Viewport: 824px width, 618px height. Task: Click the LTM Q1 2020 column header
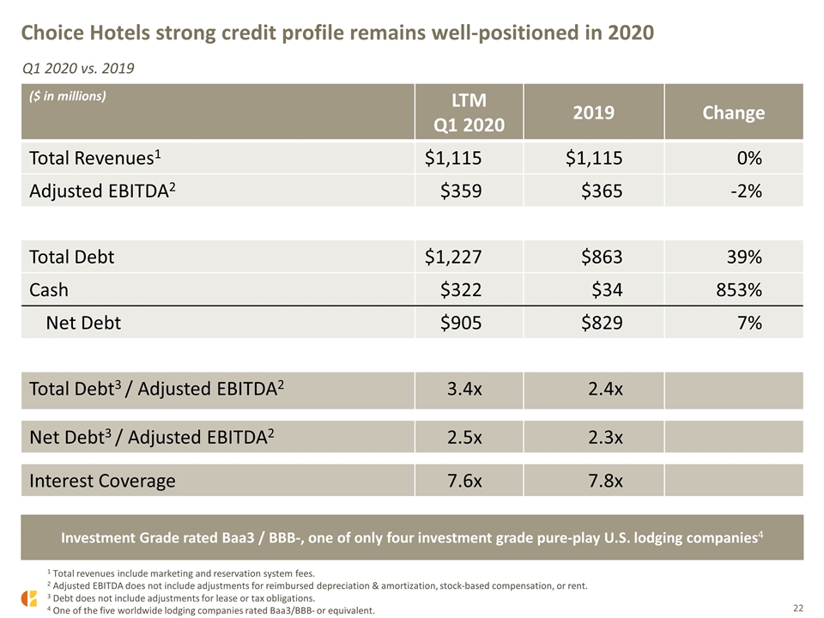(469, 112)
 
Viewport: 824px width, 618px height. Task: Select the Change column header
(734, 112)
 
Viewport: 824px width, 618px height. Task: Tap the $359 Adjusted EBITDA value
(461, 191)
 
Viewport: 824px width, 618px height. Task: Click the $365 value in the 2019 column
(602, 191)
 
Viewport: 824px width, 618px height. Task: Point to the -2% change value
(746, 191)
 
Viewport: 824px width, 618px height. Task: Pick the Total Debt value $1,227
(453, 257)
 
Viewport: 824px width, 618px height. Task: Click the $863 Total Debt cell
(602, 257)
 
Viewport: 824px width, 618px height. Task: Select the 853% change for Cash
(739, 289)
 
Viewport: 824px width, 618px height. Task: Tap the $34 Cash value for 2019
(607, 289)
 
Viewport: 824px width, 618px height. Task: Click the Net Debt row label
(83, 323)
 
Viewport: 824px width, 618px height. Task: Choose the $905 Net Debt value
(461, 323)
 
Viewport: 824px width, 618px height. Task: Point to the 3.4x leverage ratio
(464, 389)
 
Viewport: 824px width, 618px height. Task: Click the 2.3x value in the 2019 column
(605, 437)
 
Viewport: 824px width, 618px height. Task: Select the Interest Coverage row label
(102, 481)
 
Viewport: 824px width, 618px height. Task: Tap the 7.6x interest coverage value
(464, 481)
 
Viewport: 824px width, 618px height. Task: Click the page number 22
(798, 608)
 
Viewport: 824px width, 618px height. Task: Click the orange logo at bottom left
(29, 598)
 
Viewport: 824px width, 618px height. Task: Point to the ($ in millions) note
(67, 96)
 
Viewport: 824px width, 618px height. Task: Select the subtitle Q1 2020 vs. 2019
(78, 69)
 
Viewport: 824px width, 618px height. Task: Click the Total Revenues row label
(95, 158)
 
